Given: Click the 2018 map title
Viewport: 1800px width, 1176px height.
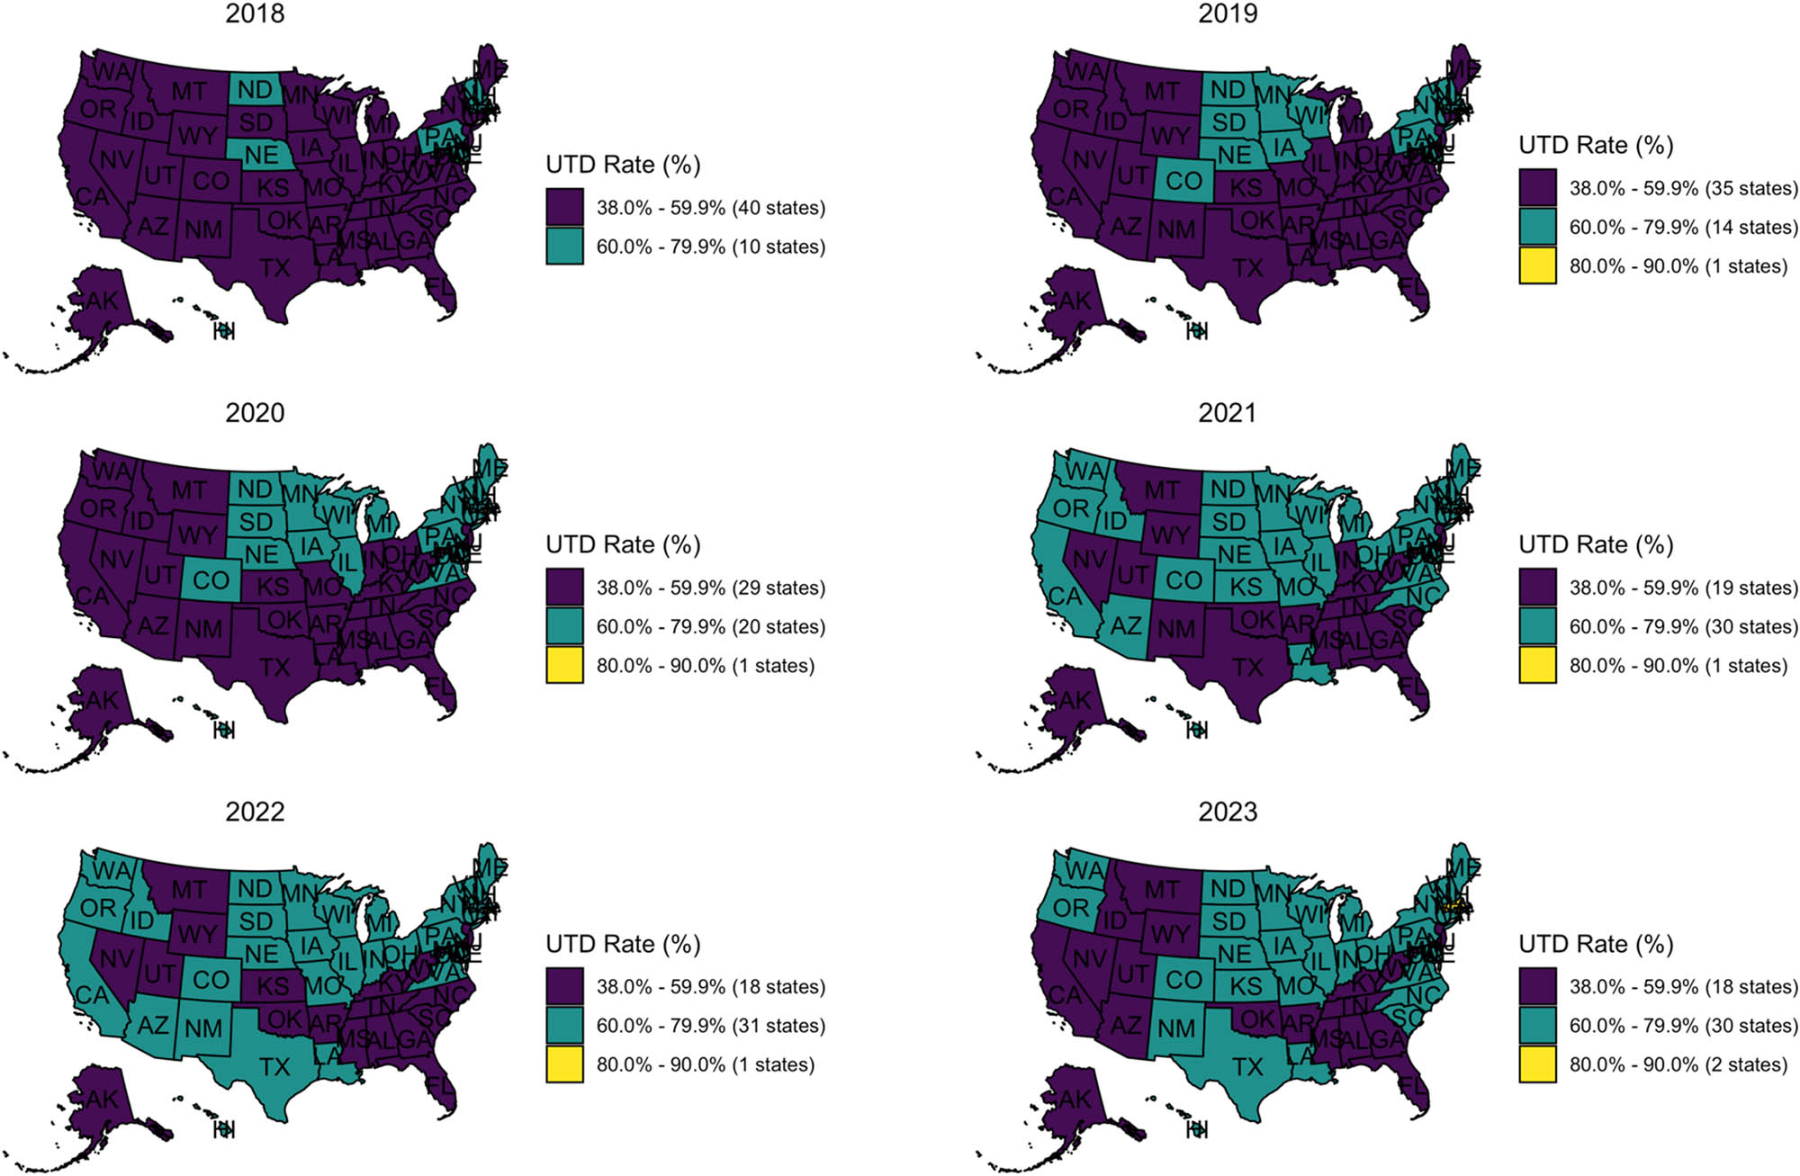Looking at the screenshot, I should click(255, 13).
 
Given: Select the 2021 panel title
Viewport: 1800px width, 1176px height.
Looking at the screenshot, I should click(1228, 413).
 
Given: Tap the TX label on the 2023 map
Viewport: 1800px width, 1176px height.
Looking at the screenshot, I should click(1247, 1067).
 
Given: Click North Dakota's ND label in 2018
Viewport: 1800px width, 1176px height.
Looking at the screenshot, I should click(256, 90).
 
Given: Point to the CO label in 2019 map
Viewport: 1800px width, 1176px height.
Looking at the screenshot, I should click(1183, 182).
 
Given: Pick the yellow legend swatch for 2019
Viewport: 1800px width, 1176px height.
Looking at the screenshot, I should click(1537, 266).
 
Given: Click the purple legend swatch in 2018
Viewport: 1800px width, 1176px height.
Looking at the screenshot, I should click(564, 208).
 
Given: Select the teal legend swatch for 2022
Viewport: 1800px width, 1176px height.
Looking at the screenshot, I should click(564, 1026).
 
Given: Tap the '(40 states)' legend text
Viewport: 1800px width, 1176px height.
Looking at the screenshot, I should click(778, 208).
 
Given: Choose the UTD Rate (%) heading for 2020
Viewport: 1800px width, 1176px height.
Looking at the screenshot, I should click(623, 544).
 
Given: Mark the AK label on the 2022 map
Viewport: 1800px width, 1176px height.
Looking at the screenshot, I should click(102, 1099).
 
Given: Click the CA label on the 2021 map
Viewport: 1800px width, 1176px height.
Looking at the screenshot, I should click(1065, 596).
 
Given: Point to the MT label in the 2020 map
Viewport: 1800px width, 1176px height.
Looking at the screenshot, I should click(189, 490).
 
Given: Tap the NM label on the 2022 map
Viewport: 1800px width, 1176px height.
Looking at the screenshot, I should click(203, 1028).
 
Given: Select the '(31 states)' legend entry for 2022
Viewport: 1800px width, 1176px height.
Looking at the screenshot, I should click(778, 1026).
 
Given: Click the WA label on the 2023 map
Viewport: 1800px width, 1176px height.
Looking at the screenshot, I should click(1084, 870).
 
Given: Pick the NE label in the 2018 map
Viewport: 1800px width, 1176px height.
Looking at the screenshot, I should click(262, 155).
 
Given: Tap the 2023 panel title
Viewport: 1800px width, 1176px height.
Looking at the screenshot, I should click(1228, 812).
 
